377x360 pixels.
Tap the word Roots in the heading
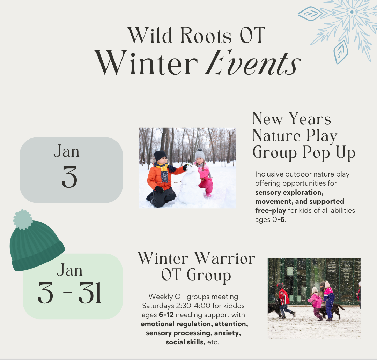206,36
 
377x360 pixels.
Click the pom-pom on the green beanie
23,219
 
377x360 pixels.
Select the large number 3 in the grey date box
69,177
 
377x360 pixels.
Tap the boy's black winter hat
160,156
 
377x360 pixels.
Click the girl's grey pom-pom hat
200,154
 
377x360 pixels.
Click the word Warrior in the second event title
225,258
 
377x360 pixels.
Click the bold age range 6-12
166,315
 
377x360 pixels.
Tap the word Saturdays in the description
158,306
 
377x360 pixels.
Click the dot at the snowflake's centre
352,12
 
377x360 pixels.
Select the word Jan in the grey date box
66,151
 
